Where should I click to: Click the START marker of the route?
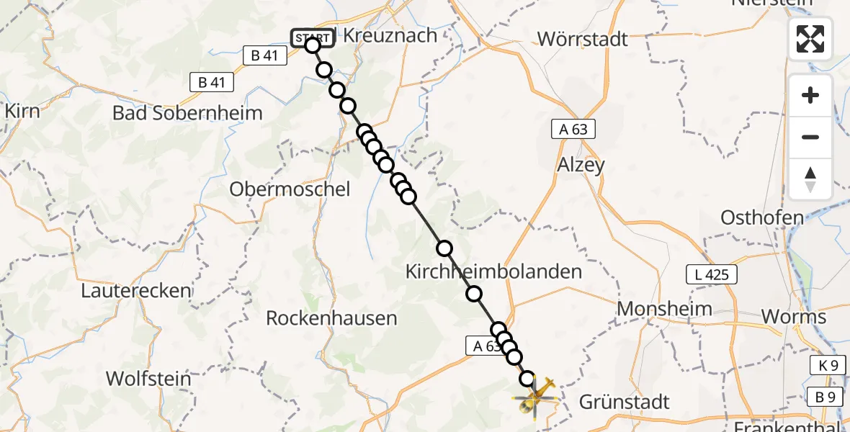312,38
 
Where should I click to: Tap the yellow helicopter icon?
535,397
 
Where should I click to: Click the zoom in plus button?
810,95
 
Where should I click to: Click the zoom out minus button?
810,137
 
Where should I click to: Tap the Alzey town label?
581,165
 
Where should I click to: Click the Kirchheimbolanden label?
493,272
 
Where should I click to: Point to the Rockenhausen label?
331,318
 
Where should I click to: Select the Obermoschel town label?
290,189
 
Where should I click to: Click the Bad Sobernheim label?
187,113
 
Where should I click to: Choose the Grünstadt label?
623,402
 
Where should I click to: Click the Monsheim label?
665,309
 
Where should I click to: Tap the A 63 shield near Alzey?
573,130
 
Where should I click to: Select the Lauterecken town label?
137,291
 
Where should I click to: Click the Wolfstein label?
148,379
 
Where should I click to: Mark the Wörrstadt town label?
582,38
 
